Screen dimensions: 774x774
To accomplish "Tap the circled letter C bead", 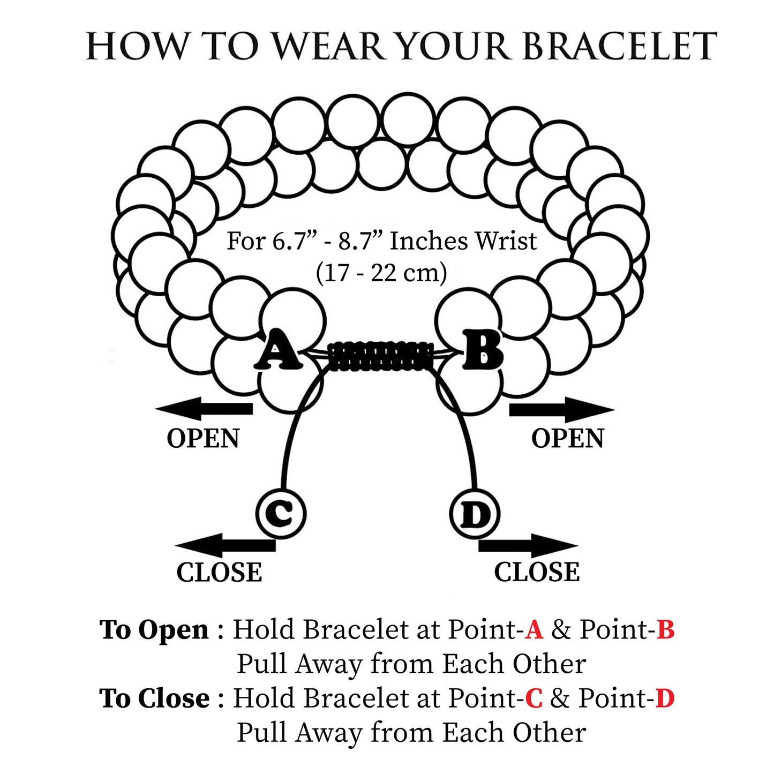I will [x=281, y=513].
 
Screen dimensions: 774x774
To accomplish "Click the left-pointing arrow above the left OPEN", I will [x=204, y=409].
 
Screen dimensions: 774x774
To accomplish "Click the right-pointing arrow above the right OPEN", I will [x=561, y=410].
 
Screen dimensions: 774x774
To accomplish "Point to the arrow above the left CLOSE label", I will [x=225, y=545].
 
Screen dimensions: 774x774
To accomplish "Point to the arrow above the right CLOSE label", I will [x=528, y=546].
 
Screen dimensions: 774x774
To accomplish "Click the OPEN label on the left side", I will [x=203, y=439].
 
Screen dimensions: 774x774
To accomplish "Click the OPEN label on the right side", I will [x=567, y=439].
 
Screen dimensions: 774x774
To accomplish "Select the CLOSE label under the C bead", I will [x=219, y=573].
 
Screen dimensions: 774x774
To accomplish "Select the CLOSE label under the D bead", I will [x=537, y=572].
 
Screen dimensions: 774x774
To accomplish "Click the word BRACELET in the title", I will [x=619, y=47].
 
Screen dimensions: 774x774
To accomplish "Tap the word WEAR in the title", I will [x=330, y=47].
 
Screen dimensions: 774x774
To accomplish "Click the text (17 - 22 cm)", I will [x=381, y=273].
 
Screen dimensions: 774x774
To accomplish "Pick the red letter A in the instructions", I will [x=534, y=630].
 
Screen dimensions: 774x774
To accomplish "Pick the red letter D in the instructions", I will [x=665, y=698].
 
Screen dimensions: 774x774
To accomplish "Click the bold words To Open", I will [x=154, y=630].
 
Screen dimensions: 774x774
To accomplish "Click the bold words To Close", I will [x=154, y=698].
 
